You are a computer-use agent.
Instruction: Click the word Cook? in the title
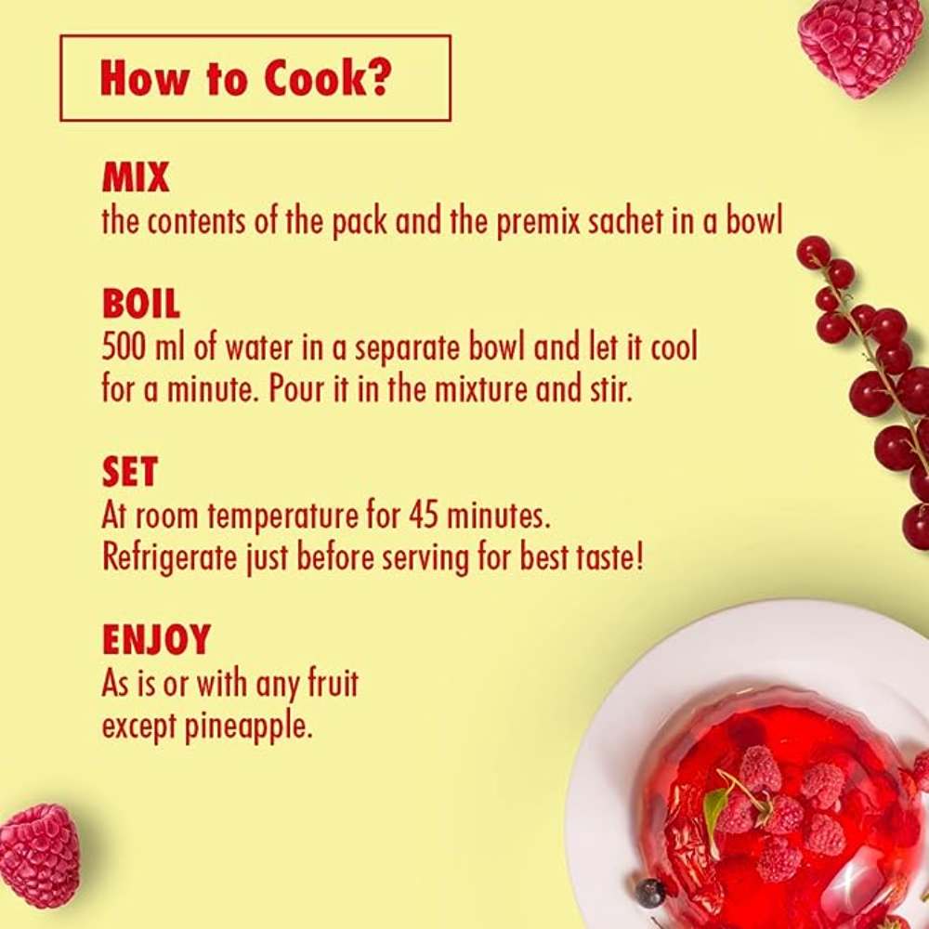pyautogui.click(x=327, y=78)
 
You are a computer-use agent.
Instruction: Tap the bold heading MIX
pyautogui.click(x=136, y=177)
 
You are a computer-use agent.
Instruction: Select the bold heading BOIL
pyautogui.click(x=141, y=304)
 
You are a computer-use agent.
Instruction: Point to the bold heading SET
pyautogui.click(x=130, y=471)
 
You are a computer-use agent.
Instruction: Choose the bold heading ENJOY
pyautogui.click(x=156, y=639)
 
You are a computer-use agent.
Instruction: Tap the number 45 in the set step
pyautogui.click(x=423, y=516)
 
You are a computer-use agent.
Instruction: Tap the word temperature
pyautogui.click(x=282, y=517)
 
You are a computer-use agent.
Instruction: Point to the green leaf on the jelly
pyautogui.click(x=715, y=809)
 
